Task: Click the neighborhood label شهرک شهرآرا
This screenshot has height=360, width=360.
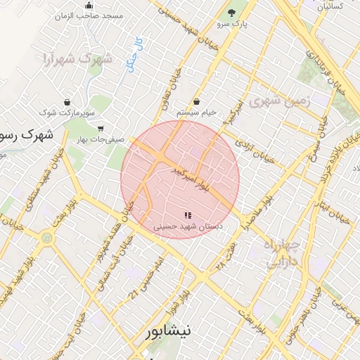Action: (x=77, y=58)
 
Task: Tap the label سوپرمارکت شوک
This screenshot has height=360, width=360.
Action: (x=67, y=112)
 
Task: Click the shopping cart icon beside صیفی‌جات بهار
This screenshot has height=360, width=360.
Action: (x=101, y=129)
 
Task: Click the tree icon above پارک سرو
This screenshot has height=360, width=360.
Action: (x=232, y=13)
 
